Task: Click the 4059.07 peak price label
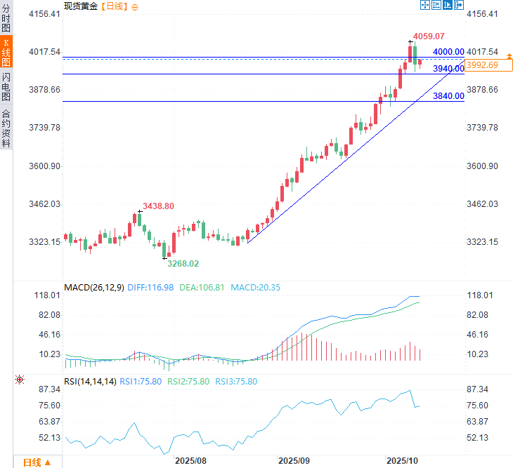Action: tap(429, 36)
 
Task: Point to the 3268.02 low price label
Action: tap(182, 263)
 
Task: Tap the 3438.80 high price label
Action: tap(158, 206)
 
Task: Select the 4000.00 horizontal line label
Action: tap(448, 52)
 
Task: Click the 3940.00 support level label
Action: tap(448, 69)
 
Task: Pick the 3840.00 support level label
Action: tap(448, 96)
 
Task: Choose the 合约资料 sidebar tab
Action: tap(6, 127)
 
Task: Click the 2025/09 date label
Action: tap(294, 461)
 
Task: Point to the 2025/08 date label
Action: tap(190, 461)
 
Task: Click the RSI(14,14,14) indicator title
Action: tap(89, 381)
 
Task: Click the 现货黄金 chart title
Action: tap(80, 6)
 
